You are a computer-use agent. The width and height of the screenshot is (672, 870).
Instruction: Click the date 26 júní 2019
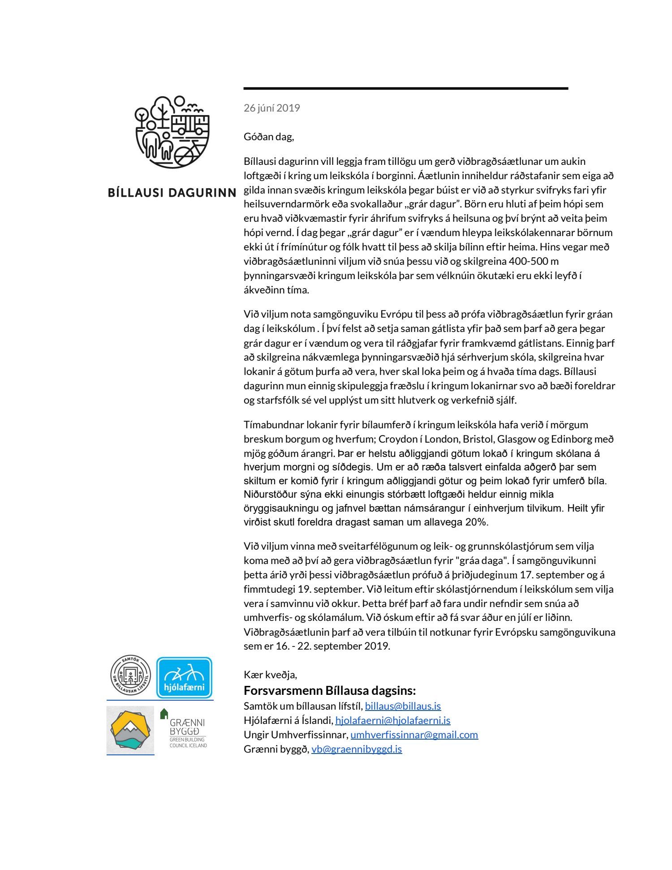(271, 108)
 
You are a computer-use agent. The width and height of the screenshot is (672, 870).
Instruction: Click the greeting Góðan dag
(268, 137)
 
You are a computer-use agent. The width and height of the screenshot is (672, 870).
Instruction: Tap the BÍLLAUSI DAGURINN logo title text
(172, 193)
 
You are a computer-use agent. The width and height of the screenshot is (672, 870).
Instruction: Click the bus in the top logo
(190, 124)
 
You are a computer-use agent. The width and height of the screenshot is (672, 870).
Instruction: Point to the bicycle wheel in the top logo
(184, 156)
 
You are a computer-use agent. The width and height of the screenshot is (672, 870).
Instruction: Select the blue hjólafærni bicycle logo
(184, 677)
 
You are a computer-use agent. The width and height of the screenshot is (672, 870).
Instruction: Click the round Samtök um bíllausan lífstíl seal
(130, 676)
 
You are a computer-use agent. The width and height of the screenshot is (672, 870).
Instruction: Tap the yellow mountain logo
(130, 730)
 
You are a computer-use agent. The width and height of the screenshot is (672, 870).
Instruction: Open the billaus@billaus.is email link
(403, 706)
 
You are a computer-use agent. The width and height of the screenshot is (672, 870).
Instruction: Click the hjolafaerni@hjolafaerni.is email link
(392, 720)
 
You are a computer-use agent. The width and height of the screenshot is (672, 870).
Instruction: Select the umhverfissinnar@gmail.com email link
(414, 735)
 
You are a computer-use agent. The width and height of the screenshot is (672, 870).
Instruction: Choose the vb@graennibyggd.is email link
(357, 749)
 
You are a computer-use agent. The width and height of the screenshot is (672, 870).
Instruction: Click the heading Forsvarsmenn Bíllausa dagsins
(330, 690)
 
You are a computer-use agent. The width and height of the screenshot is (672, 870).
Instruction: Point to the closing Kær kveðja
(270, 675)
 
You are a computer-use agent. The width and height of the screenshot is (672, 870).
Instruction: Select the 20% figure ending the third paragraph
(476, 522)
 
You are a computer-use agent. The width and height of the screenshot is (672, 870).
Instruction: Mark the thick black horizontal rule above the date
(406, 89)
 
